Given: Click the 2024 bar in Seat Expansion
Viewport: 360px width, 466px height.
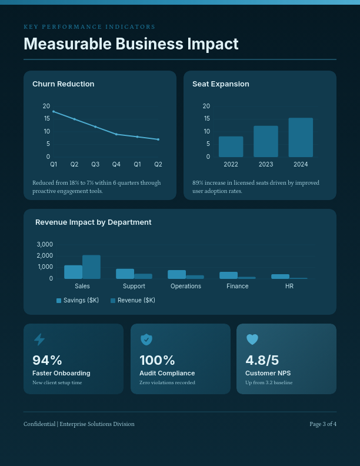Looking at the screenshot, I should click(301, 138).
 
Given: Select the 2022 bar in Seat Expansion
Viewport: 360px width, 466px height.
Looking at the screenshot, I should click(231, 147).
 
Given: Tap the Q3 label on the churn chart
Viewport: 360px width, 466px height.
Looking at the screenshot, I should click(95, 164).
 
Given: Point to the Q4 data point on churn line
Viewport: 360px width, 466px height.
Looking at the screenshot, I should click(116, 134).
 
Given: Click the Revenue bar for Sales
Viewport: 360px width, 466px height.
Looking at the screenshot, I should click(91, 267).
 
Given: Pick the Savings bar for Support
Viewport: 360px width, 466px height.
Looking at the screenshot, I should click(125, 274).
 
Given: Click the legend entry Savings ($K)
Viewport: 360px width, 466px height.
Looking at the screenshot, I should click(78, 300).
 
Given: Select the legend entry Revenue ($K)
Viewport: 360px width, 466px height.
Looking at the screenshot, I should click(133, 300).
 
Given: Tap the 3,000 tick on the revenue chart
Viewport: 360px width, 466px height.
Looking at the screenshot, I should click(45, 244).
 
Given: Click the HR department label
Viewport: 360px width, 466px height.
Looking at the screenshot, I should click(289, 286).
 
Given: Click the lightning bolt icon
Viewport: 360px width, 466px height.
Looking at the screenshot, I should click(39, 339).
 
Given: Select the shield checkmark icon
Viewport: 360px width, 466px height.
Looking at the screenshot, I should click(146, 339).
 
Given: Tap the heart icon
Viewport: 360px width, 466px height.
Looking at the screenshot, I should click(252, 339).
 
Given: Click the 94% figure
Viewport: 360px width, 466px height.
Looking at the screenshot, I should click(47, 360).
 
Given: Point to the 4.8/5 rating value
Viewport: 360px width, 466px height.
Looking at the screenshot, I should click(262, 360).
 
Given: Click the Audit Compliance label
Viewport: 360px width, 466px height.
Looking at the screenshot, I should click(167, 373).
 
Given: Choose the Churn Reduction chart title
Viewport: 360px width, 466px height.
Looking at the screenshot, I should click(63, 84).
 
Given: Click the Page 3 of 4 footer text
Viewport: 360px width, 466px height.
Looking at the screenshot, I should click(323, 424).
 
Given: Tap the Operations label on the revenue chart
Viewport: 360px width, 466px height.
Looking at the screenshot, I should click(186, 286).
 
